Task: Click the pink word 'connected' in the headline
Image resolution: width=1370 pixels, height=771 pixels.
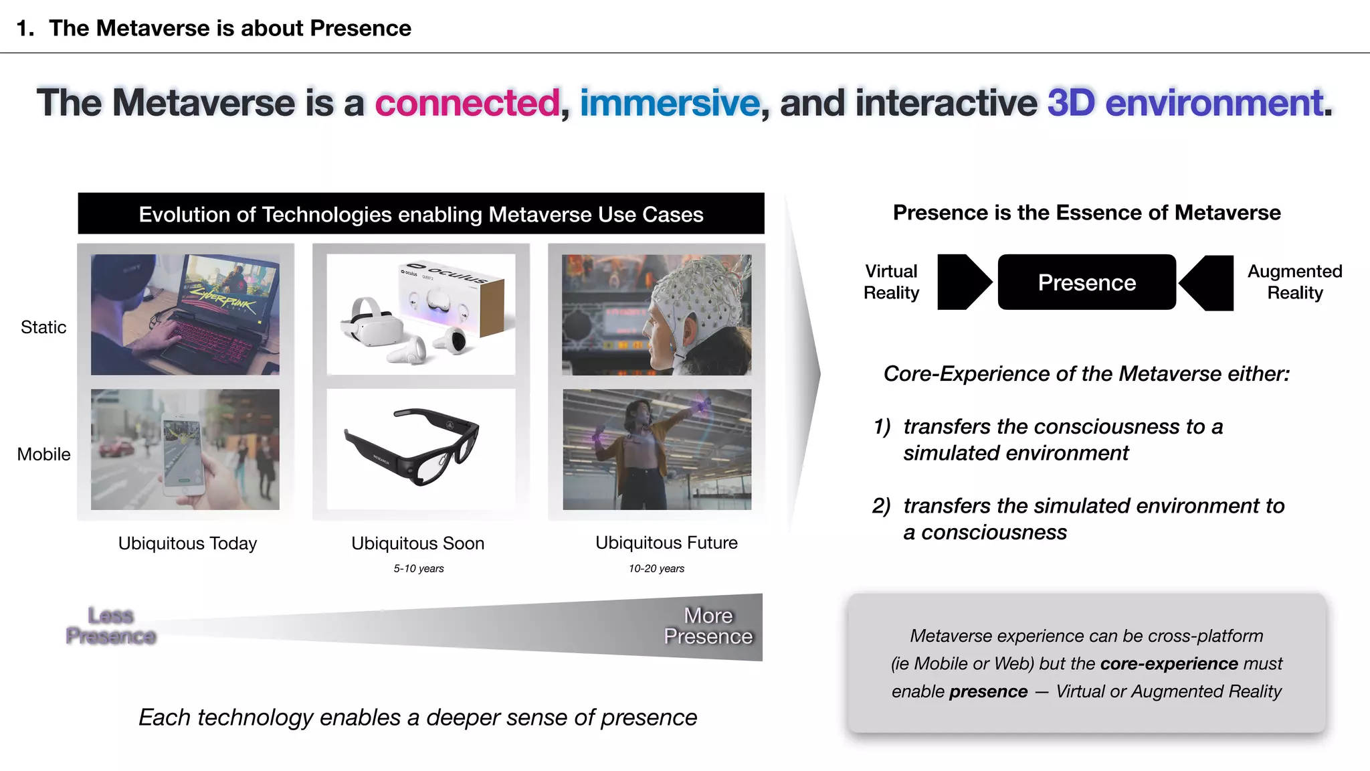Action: pyautogui.click(x=467, y=103)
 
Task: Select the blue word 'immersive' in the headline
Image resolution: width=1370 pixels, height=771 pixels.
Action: pyautogui.click(x=670, y=103)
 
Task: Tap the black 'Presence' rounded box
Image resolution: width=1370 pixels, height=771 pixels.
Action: pyautogui.click(x=1086, y=282)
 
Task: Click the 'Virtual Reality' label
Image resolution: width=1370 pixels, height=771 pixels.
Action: pyautogui.click(x=891, y=282)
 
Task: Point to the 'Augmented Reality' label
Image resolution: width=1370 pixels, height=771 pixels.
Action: pyautogui.click(x=1294, y=282)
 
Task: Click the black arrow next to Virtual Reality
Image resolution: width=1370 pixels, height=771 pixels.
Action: pyautogui.click(x=962, y=282)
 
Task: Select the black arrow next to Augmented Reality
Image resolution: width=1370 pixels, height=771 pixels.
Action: pyautogui.click(x=1209, y=282)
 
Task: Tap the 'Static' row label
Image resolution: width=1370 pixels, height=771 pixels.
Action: pyautogui.click(x=43, y=327)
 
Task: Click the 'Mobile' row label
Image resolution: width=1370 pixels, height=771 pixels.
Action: pyautogui.click(x=43, y=454)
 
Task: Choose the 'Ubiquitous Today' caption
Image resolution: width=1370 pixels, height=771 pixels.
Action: pyautogui.click(x=187, y=543)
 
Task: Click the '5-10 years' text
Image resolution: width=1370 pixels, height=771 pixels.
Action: pyautogui.click(x=418, y=569)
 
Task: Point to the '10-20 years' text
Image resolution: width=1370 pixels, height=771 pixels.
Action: pyautogui.click(x=656, y=569)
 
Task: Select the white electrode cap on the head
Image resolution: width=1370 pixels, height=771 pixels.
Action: pyautogui.click(x=696, y=294)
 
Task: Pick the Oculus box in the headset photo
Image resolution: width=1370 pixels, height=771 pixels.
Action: pyautogui.click(x=455, y=298)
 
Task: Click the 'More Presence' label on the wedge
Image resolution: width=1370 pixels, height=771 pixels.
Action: pyautogui.click(x=708, y=626)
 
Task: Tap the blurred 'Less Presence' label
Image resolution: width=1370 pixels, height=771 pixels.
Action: pyautogui.click(x=111, y=626)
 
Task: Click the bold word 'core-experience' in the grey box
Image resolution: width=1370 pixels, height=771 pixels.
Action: pyautogui.click(x=1169, y=663)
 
